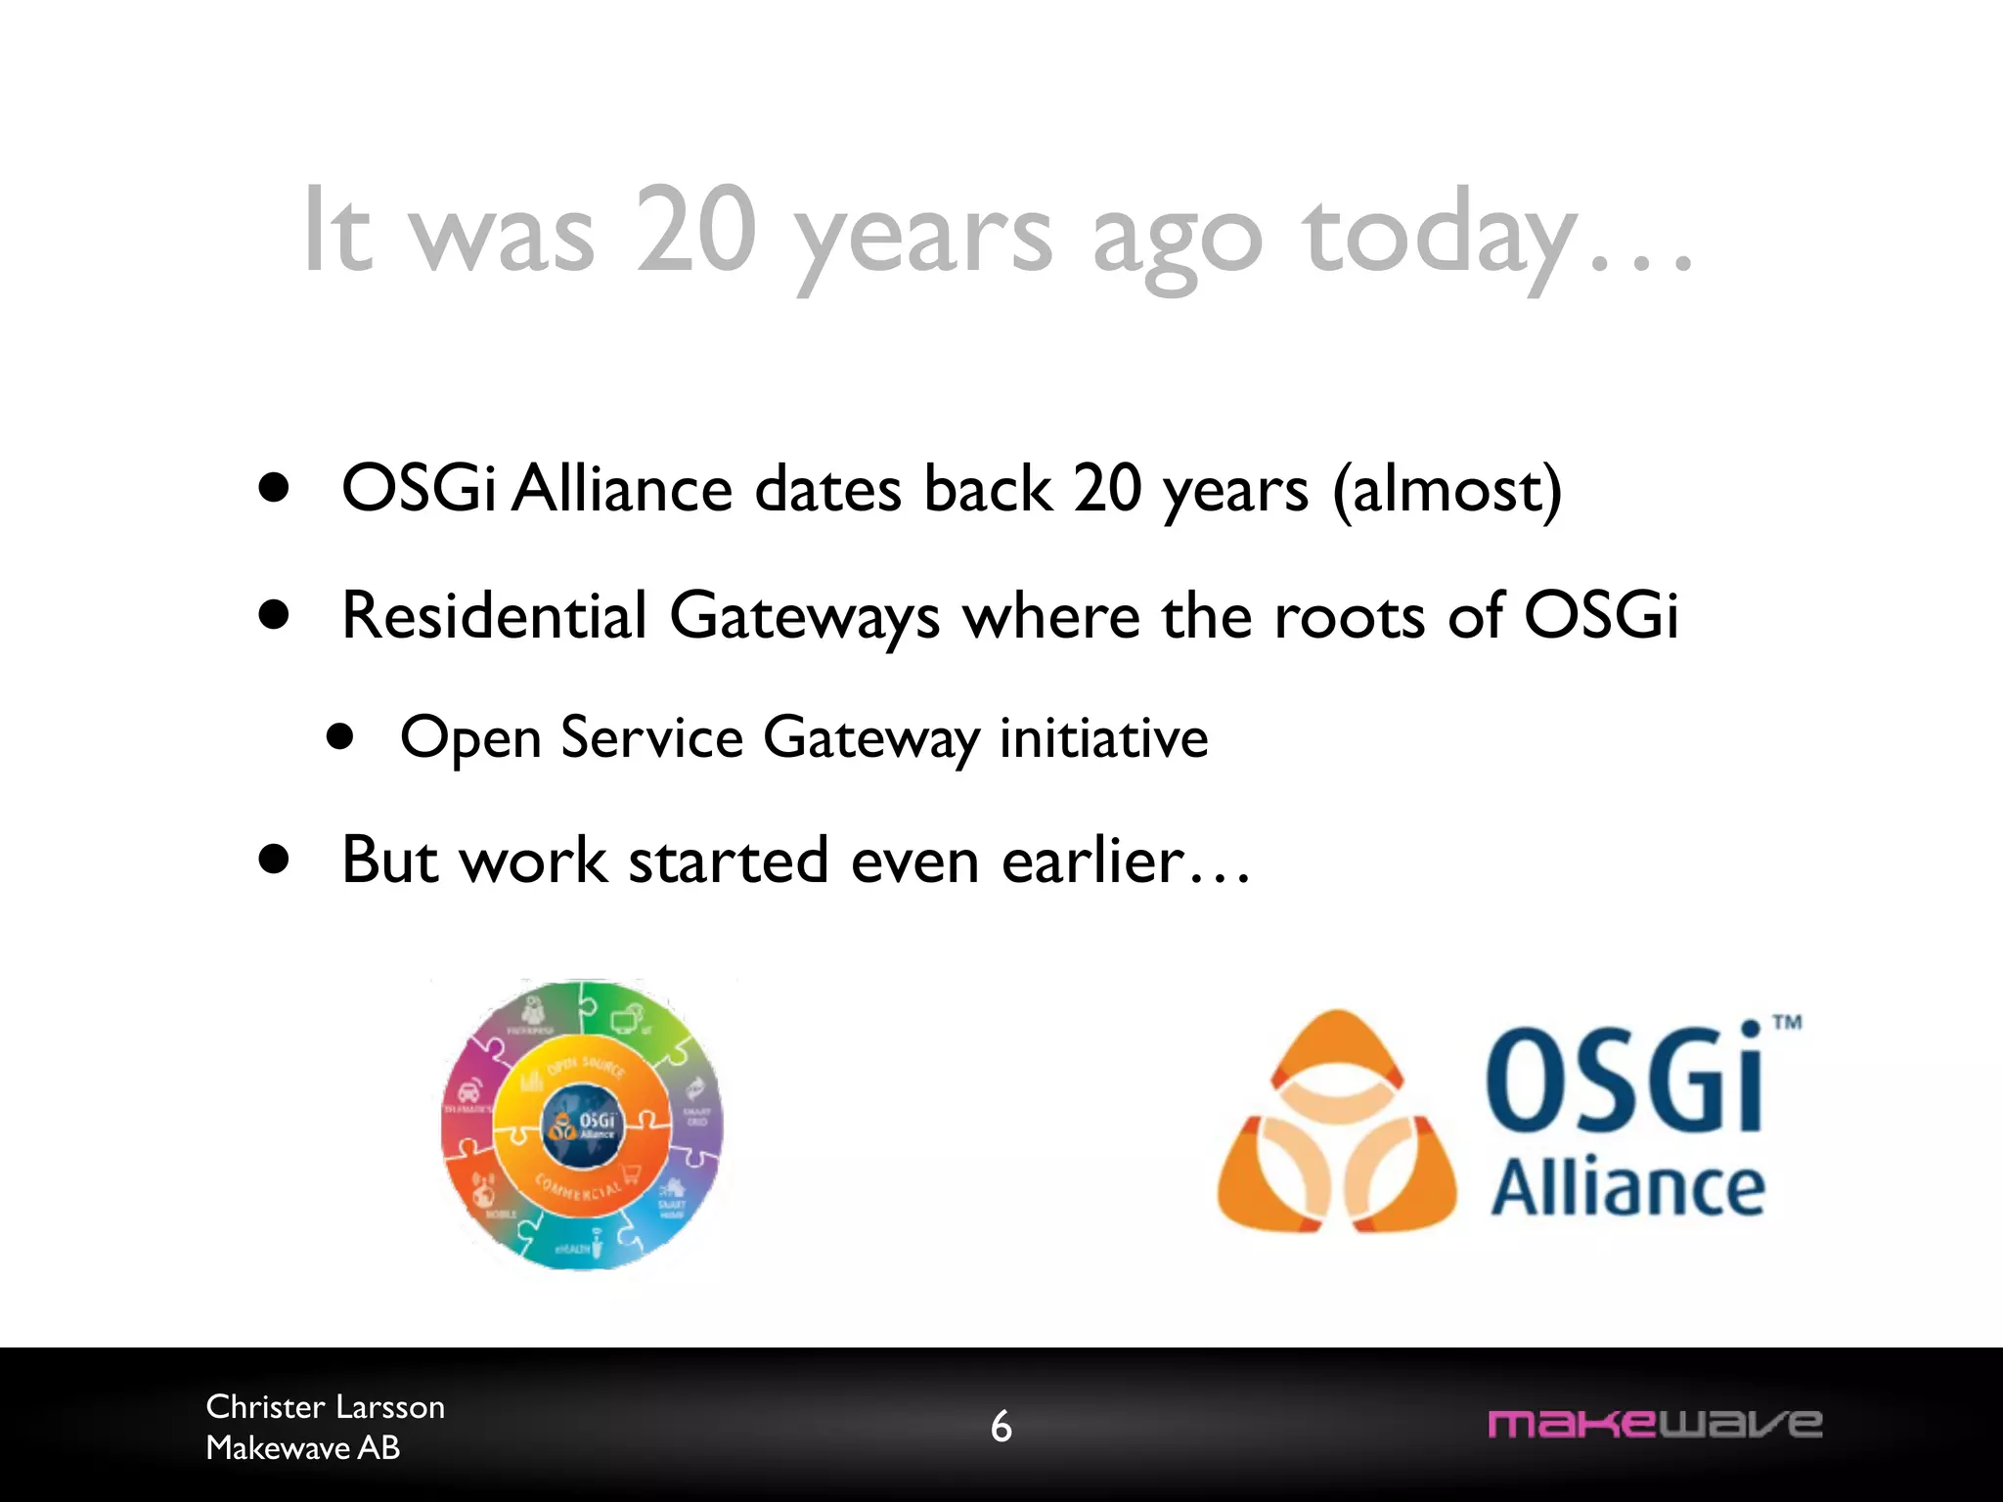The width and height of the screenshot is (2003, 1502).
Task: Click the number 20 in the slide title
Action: (x=696, y=231)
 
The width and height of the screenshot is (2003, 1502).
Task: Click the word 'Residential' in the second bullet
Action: (x=494, y=616)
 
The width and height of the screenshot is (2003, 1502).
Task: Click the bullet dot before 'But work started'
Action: (x=275, y=860)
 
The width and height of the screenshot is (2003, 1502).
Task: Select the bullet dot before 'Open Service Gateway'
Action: (x=340, y=736)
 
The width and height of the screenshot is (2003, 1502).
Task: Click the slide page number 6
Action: (x=1001, y=1427)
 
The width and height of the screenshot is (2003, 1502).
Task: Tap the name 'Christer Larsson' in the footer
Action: (x=325, y=1406)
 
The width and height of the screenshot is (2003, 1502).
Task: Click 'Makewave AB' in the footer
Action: (x=302, y=1447)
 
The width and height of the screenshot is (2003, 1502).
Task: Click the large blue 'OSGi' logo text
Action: (x=1624, y=1081)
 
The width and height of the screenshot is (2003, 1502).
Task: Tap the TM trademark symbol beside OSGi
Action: (x=1787, y=1023)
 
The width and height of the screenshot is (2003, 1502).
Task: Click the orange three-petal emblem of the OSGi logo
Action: (x=1337, y=1125)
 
